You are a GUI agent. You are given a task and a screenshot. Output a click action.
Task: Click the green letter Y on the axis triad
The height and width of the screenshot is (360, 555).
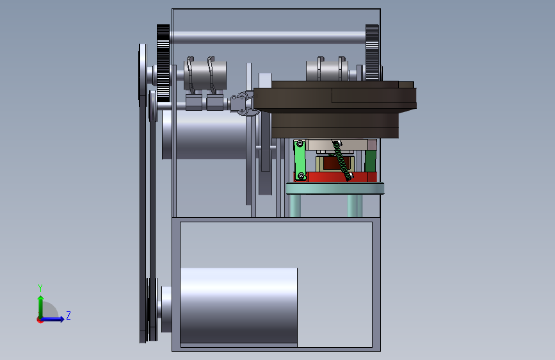tap(40, 288)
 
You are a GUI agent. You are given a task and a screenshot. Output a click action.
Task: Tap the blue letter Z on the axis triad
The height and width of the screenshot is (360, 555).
tap(68, 315)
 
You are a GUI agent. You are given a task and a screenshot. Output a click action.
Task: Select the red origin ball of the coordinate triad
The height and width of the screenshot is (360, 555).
tap(40, 320)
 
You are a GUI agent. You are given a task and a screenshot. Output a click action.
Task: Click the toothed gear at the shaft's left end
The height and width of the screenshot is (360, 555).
tap(163, 63)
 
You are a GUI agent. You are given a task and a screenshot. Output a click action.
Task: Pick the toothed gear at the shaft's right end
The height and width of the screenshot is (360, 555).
tap(372, 53)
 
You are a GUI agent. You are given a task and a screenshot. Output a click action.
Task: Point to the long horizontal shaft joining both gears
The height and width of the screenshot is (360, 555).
tap(268, 37)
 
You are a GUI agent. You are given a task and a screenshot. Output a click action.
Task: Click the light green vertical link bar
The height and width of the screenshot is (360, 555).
tap(300, 160)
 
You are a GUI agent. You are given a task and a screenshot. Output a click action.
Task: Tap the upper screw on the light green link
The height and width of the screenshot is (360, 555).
tap(300, 143)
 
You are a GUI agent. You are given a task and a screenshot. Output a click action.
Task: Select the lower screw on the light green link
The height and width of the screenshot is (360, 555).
tap(301, 176)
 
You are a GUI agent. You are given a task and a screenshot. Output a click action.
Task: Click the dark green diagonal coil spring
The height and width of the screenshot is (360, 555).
tap(342, 161)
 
